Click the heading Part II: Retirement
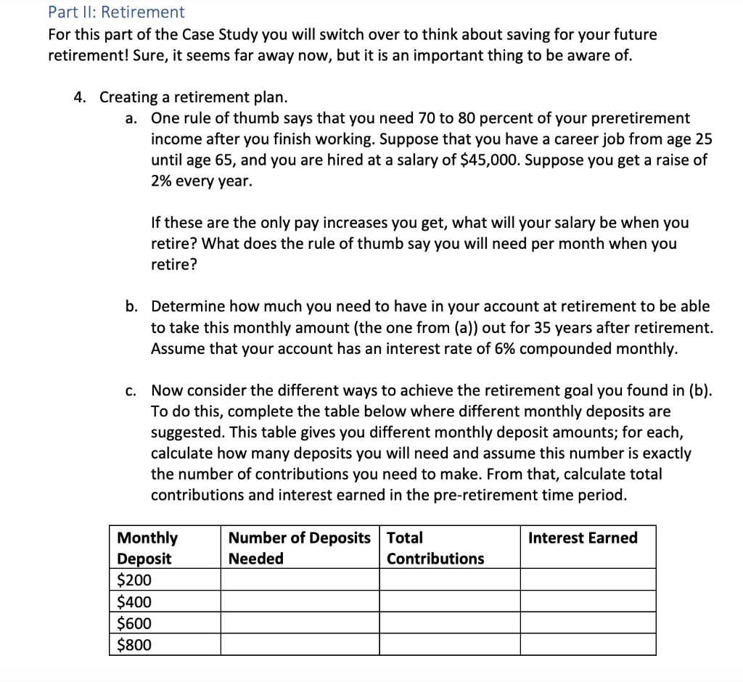tap(116, 12)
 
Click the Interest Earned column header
tap(583, 538)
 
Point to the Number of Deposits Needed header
tap(299, 548)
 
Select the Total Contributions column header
tap(435, 548)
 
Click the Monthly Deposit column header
tap(147, 548)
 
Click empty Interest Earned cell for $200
tap(588, 580)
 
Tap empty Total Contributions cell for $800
tap(450, 645)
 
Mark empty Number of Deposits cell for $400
tap(300, 601)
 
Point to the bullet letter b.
tap(131, 307)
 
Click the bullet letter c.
tap(131, 391)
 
